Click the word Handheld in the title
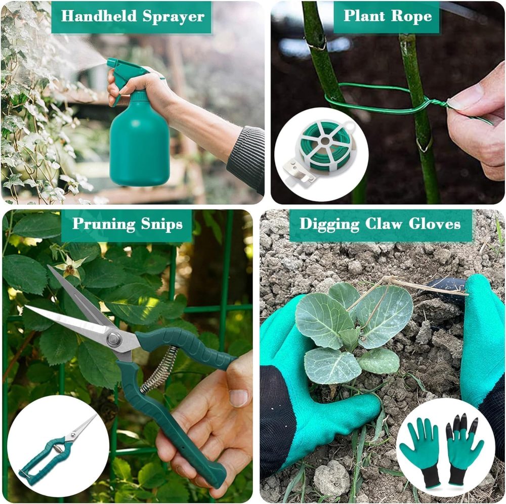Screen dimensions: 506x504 pos(99,16)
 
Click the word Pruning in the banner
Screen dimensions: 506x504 pos(104,224)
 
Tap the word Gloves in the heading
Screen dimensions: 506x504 pos(434,223)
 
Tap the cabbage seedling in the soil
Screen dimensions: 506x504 pos(354,332)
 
